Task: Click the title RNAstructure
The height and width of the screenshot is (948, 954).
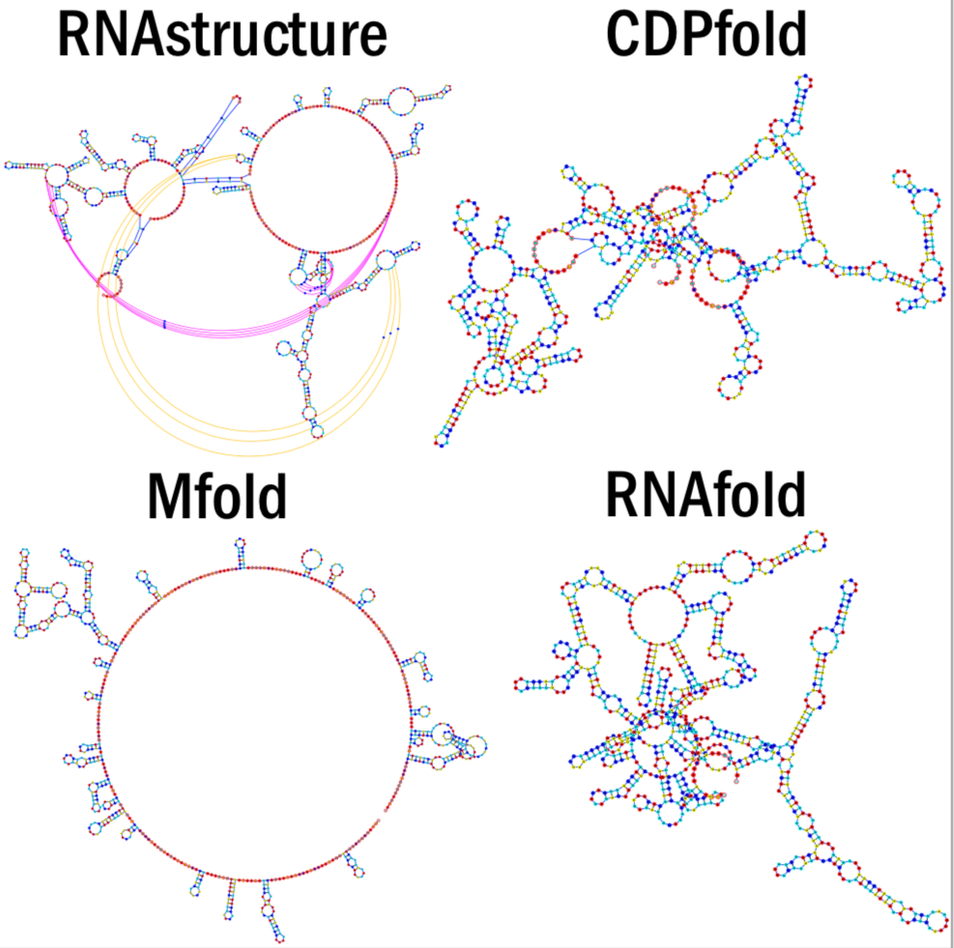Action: click(x=222, y=37)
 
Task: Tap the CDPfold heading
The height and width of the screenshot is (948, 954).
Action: click(x=706, y=37)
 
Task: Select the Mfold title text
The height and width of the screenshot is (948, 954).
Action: click(x=217, y=499)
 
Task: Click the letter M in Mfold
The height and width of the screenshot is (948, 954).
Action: click(x=171, y=499)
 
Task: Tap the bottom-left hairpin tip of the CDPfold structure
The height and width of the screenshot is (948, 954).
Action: click(x=442, y=440)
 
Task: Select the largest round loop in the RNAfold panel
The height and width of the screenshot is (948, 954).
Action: click(x=657, y=615)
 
